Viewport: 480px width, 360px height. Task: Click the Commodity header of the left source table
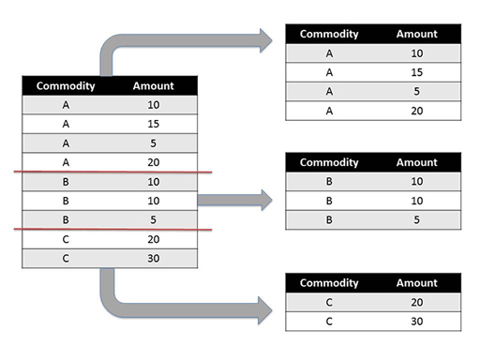(x=66, y=86)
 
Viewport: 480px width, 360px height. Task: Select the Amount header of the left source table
(x=154, y=86)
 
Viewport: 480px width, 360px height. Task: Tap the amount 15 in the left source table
(x=154, y=122)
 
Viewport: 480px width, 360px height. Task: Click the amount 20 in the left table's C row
(x=154, y=238)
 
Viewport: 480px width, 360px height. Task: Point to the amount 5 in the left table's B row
(x=154, y=219)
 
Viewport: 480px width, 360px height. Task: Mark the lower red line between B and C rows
(x=112, y=230)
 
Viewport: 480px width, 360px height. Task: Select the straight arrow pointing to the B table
(x=234, y=199)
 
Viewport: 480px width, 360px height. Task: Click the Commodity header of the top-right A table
(x=329, y=34)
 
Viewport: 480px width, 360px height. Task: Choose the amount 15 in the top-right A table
(x=416, y=72)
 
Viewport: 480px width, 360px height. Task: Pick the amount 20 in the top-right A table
(x=416, y=111)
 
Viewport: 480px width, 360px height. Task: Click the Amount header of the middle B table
(x=416, y=161)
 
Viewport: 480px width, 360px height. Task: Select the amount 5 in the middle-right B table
(x=416, y=219)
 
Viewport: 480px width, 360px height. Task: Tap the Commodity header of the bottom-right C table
(x=329, y=282)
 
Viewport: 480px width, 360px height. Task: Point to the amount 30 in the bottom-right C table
(x=416, y=321)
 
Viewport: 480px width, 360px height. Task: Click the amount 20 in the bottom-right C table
(x=416, y=302)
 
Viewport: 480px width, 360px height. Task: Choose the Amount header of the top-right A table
(x=416, y=34)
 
